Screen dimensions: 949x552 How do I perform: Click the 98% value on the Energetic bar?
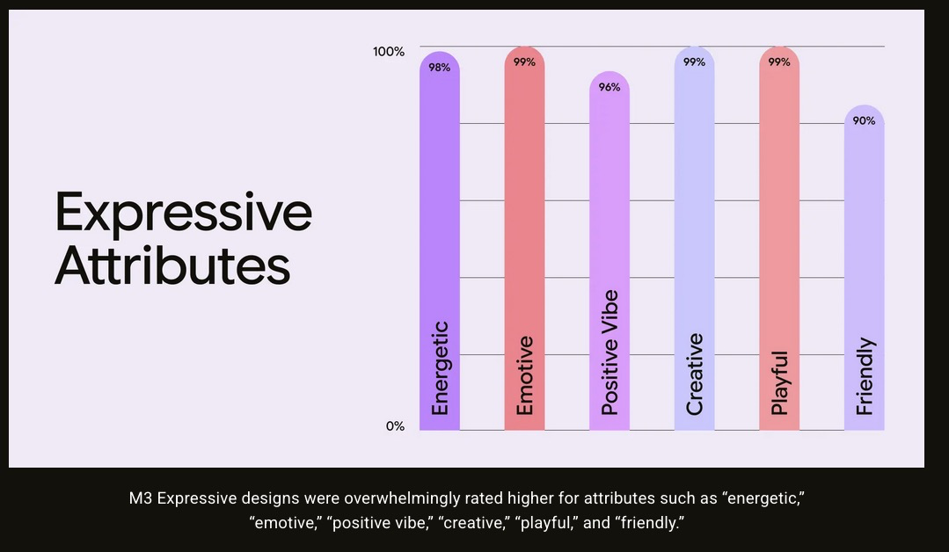click(440, 68)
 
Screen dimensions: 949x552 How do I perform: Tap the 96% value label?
click(610, 87)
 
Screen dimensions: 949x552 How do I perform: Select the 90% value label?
click(864, 121)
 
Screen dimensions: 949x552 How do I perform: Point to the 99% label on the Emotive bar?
click(524, 62)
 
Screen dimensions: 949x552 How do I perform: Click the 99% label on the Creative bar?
click(694, 62)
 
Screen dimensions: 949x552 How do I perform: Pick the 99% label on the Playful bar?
click(779, 62)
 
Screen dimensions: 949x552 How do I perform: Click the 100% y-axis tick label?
click(389, 52)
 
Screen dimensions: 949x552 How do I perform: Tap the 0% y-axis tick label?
click(395, 426)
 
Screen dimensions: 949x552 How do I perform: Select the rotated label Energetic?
click(441, 368)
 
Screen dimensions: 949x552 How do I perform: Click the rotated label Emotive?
click(524, 375)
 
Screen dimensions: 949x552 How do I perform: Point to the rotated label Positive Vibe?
click(610, 352)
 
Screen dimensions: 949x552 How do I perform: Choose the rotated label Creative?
click(694, 374)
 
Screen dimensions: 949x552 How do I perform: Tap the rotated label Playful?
click(780, 382)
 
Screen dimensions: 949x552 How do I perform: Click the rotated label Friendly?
click(865, 376)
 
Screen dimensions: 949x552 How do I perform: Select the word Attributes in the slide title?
click(172, 265)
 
